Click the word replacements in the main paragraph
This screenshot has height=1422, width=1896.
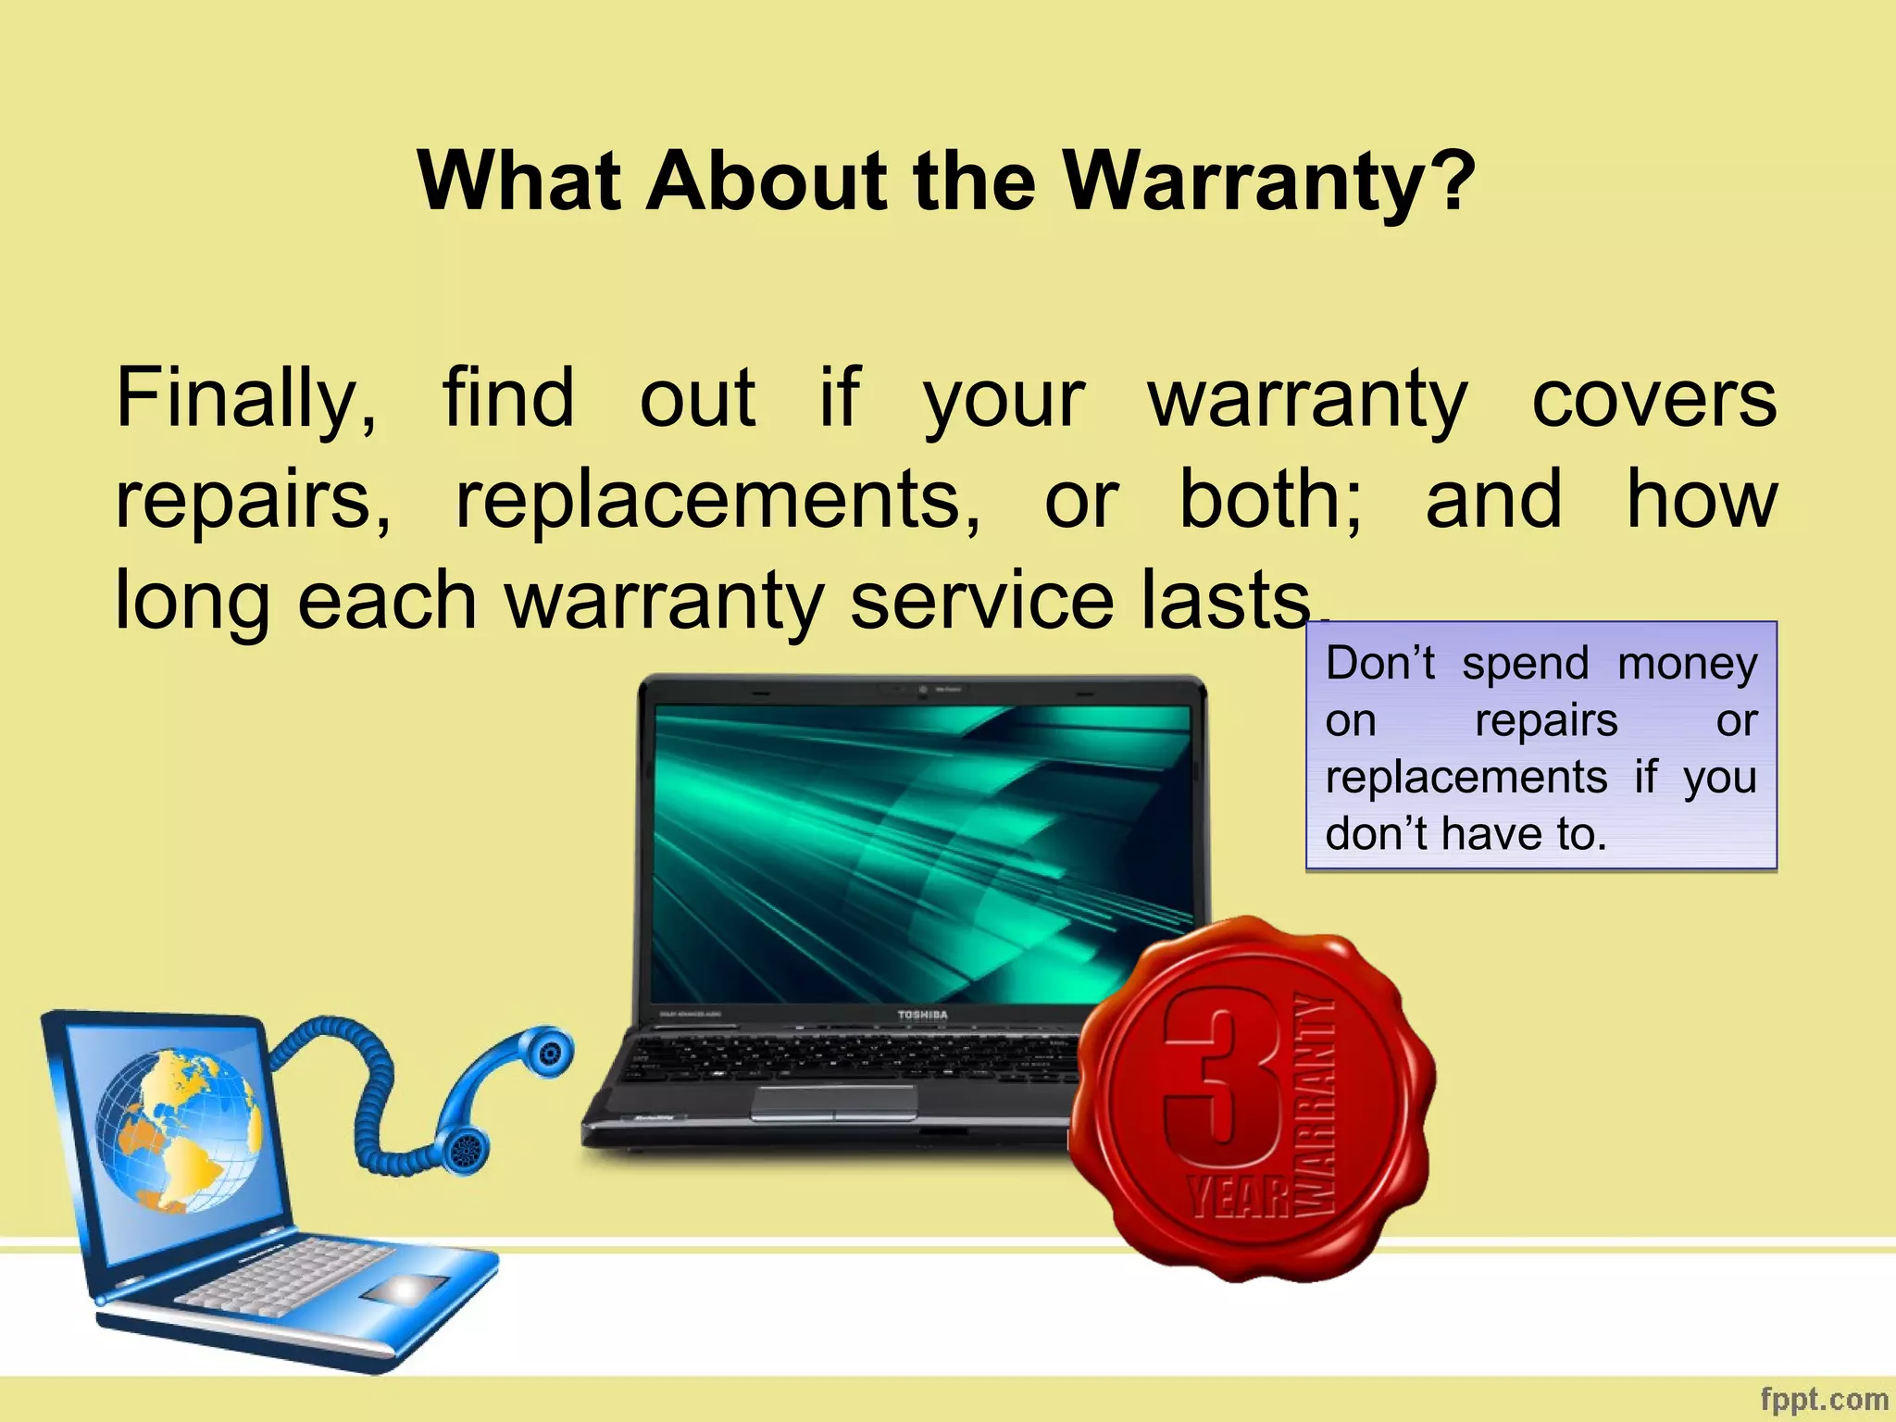click(717, 500)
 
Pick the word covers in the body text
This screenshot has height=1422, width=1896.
click(1653, 400)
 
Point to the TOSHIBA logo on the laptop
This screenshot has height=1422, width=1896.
click(922, 1015)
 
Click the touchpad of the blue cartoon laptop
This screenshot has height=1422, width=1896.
click(405, 1289)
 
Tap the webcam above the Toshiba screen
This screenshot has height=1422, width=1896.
click(923, 691)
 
